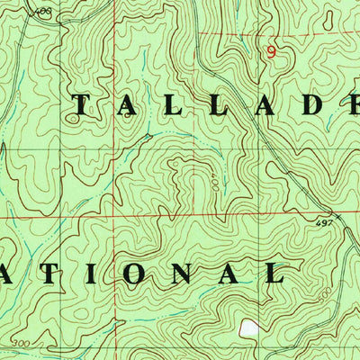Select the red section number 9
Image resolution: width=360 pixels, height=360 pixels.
[x=270, y=52]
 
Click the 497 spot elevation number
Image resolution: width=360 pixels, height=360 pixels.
[x=325, y=223]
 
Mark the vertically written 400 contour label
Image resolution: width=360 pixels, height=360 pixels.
[x=215, y=184]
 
